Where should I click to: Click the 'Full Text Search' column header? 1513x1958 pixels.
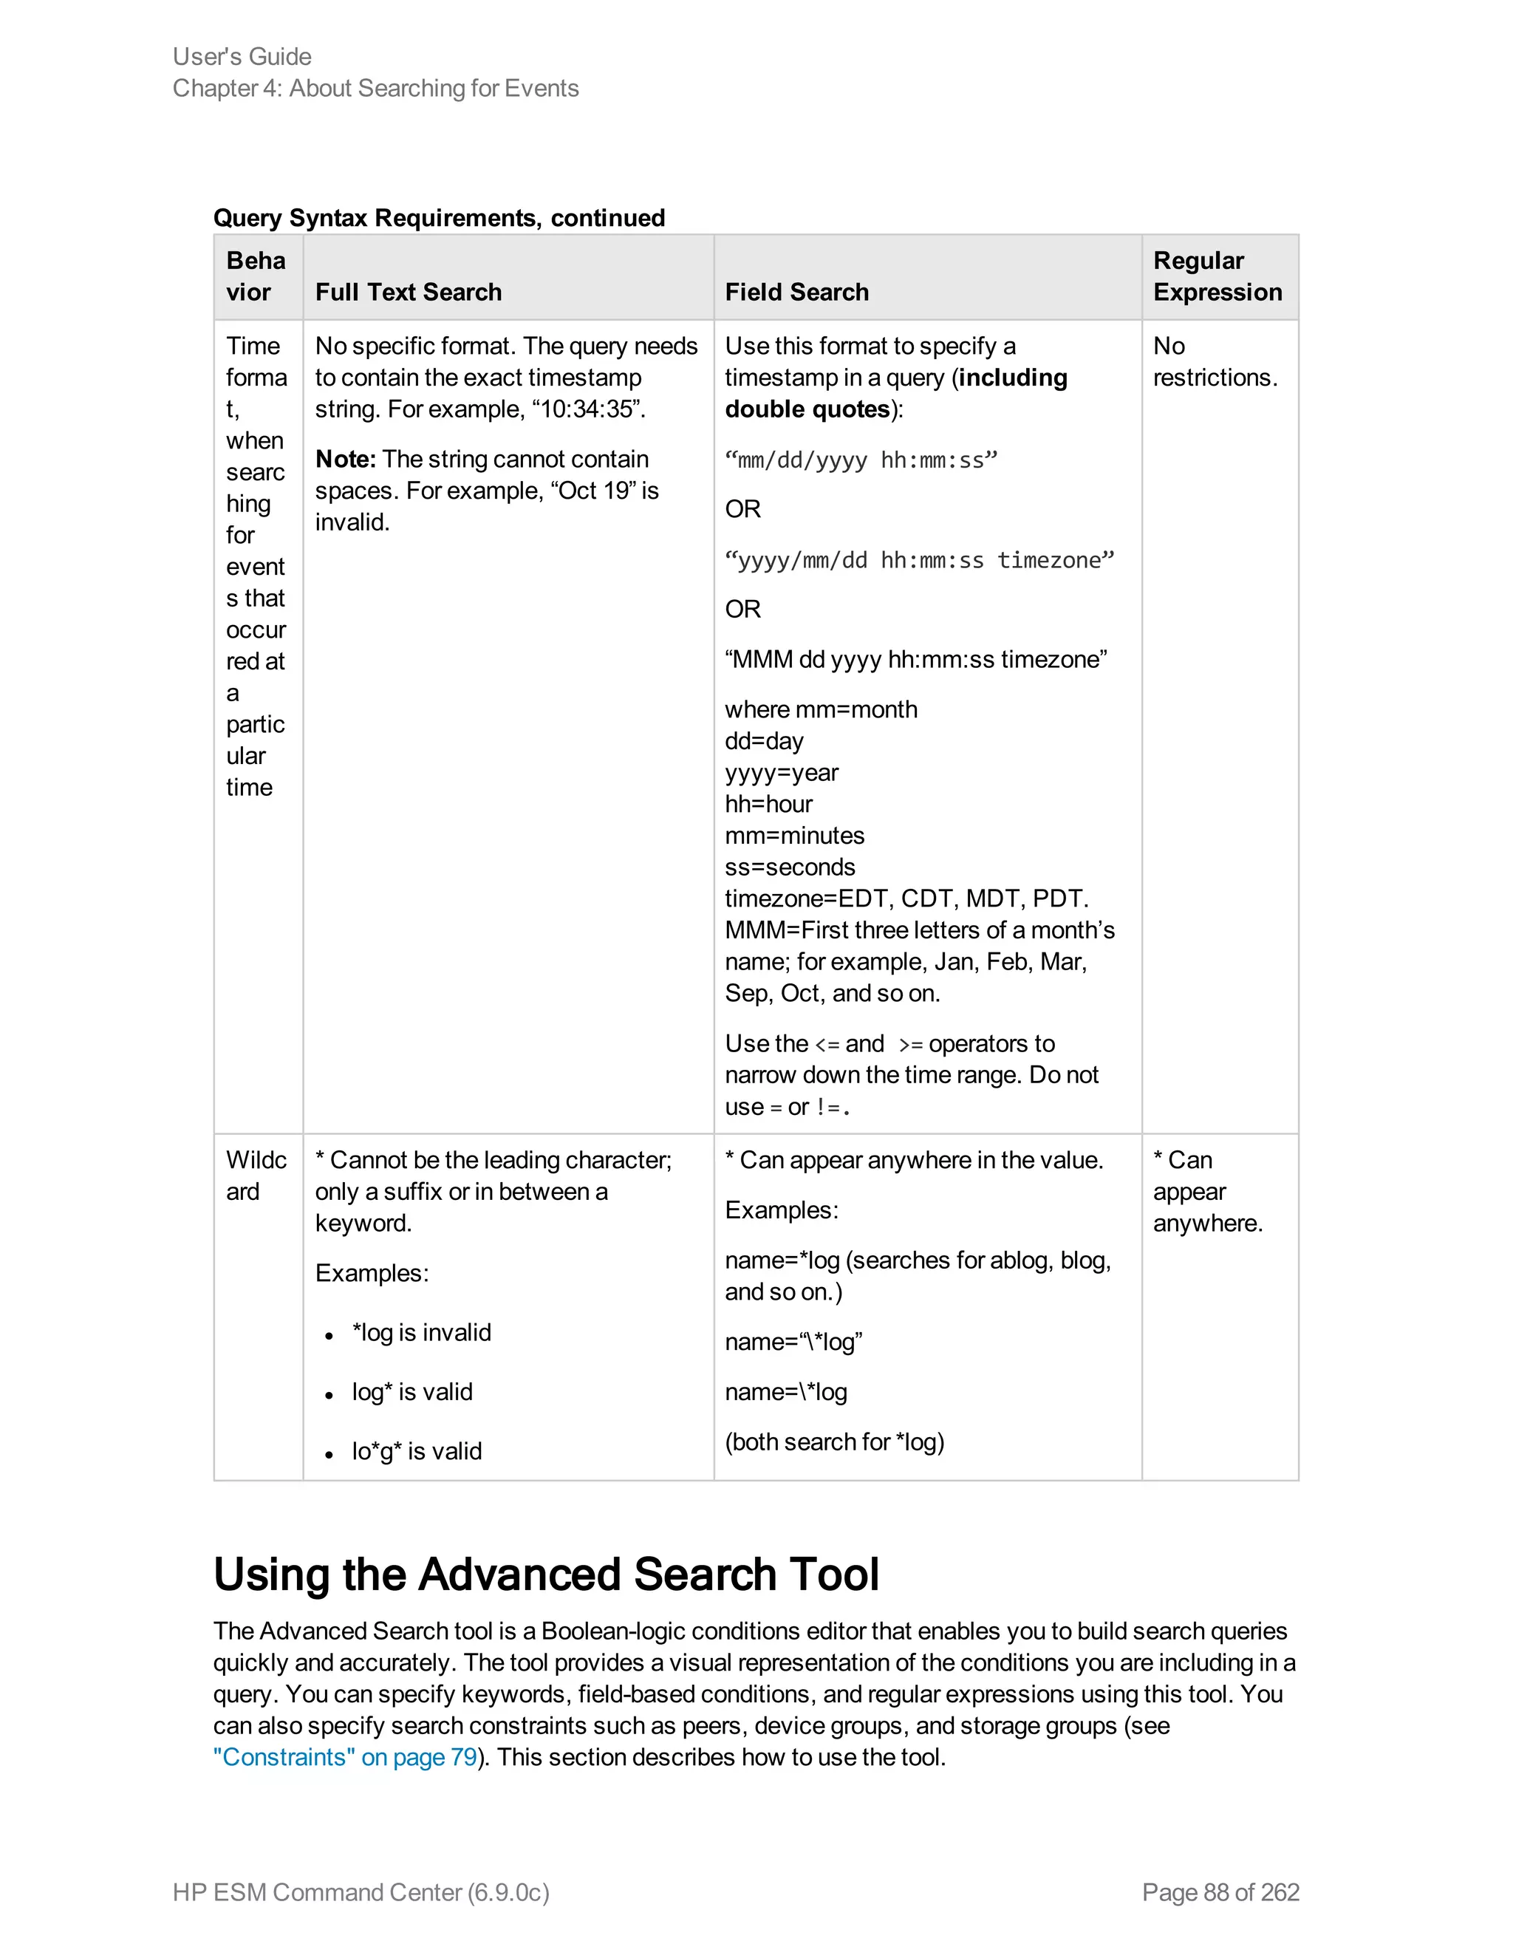408,293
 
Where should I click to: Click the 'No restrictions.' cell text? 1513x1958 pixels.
1215,362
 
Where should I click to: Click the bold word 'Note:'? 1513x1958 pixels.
345,460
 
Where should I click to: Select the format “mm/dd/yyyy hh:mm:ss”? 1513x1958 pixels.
861,461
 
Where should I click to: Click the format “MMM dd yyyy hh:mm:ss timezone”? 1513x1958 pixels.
915,660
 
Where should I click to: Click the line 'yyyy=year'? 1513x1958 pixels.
781,773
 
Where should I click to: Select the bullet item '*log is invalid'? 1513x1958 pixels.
421,1333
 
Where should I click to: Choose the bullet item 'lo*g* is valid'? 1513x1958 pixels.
417,1451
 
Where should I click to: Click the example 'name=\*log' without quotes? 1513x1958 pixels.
785,1392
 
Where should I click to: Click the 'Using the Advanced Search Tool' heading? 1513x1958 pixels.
546,1575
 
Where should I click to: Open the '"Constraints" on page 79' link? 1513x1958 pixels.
345,1758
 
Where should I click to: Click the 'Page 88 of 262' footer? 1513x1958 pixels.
1220,1892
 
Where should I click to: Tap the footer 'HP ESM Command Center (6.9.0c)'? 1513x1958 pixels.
361,1892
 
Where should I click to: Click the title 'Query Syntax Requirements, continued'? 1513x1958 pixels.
438,218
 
